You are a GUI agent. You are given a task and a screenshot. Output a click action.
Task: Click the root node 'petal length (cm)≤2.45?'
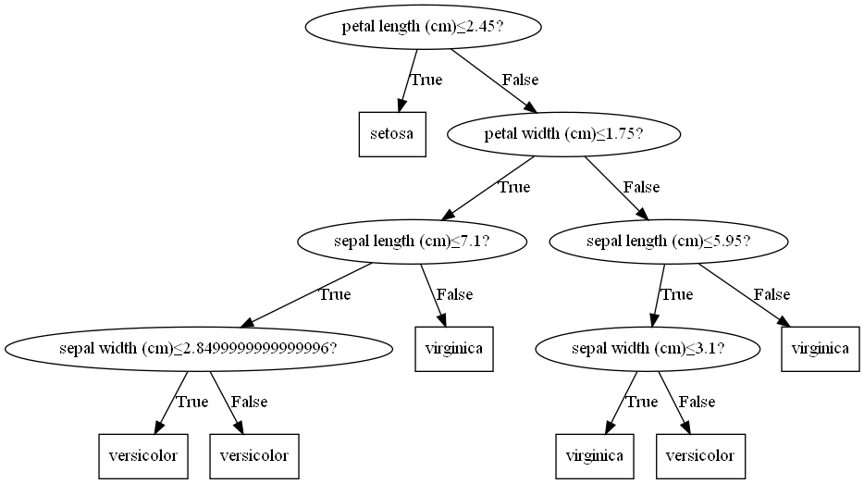point(422,26)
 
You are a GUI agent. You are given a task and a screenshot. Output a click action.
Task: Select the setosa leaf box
point(392,134)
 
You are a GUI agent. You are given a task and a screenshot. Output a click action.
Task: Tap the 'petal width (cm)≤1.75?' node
point(564,134)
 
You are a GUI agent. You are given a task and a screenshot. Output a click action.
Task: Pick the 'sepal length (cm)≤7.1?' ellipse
point(412,242)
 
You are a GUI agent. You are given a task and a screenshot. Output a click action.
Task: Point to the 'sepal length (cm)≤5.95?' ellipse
point(669,242)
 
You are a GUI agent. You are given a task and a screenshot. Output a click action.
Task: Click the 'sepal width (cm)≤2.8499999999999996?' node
point(197,349)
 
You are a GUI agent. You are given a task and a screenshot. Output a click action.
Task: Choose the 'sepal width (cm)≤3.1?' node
point(648,349)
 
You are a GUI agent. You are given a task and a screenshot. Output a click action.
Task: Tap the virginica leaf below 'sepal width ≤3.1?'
point(595,455)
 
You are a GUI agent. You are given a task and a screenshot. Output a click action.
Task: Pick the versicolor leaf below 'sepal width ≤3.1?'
point(700,455)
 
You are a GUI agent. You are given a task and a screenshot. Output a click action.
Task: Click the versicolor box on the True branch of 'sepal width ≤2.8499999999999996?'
point(142,455)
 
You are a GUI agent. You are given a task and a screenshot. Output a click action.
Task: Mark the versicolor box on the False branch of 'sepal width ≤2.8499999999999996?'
point(254,455)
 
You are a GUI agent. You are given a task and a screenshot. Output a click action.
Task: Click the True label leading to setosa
point(426,80)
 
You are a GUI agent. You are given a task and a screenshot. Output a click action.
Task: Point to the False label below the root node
point(520,80)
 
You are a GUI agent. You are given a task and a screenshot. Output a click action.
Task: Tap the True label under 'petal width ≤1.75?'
point(514,187)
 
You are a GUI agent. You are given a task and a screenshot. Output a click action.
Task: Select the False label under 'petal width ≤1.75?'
point(641,187)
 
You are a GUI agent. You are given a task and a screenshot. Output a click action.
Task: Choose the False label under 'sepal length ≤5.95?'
point(771,294)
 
